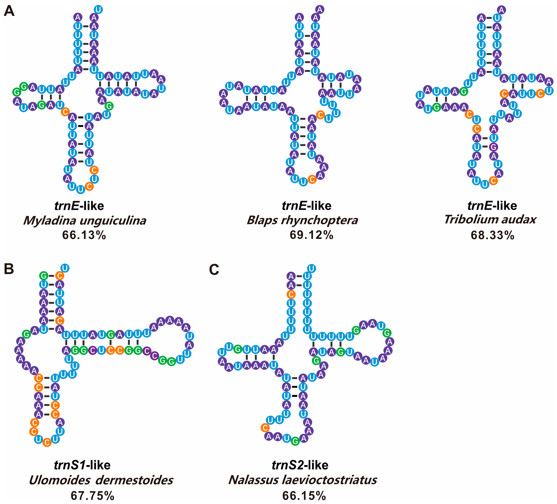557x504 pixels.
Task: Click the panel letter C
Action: [x=214, y=269]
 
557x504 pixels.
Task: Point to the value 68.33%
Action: [x=493, y=235]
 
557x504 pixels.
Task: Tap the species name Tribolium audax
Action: [x=490, y=219]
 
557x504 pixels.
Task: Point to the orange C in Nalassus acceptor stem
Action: [x=291, y=294]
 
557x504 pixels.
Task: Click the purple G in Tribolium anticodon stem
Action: [x=494, y=147]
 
